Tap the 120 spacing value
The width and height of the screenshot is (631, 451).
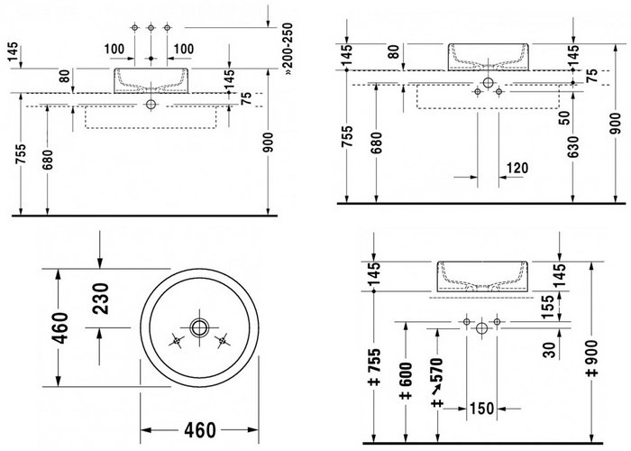pyautogui.click(x=517, y=168)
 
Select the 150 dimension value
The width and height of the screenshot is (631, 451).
pyautogui.click(x=481, y=409)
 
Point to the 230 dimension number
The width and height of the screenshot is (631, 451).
pyautogui.click(x=100, y=299)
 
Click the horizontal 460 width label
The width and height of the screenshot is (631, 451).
pyautogui.click(x=200, y=430)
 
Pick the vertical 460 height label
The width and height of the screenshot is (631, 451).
pyautogui.click(x=60, y=327)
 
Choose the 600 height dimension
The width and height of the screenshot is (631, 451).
pyautogui.click(x=406, y=381)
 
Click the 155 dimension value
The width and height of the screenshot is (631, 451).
pyautogui.click(x=548, y=307)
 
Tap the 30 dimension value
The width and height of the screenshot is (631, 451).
pyautogui.click(x=549, y=350)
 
